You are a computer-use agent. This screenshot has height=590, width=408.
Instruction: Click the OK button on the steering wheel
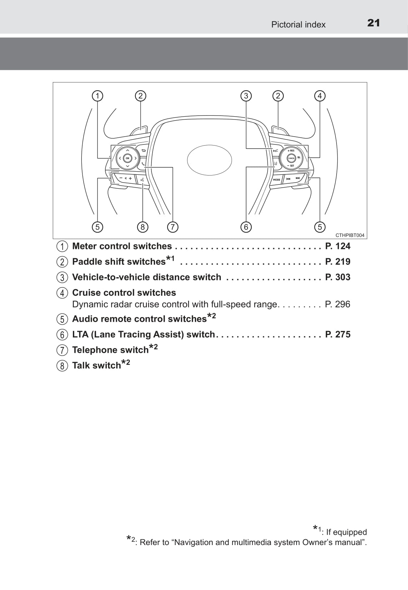tap(128, 158)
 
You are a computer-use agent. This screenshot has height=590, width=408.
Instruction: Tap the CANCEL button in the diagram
tap(291, 158)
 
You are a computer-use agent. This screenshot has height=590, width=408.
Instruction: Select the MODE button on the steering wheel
tap(277, 180)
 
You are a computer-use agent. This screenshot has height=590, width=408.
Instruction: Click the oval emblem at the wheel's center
tap(209, 160)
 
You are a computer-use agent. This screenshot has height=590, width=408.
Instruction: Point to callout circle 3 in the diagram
tap(246, 96)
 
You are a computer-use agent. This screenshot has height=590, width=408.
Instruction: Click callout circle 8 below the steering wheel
tap(143, 227)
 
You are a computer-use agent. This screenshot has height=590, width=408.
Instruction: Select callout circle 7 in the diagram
tap(173, 227)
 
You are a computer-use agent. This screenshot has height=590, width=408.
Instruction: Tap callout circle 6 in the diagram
tap(246, 227)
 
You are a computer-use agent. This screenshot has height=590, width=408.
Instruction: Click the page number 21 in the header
tap(373, 23)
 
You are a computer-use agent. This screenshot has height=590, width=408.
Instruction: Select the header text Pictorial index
tap(298, 25)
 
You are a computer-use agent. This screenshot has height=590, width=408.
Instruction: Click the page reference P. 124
tap(338, 246)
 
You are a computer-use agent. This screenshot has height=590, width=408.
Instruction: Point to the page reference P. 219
tap(338, 261)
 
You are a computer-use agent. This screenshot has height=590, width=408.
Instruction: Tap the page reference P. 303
tap(338, 277)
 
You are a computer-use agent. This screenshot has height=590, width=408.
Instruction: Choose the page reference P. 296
tap(338, 304)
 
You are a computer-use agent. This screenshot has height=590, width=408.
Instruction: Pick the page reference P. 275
tap(338, 334)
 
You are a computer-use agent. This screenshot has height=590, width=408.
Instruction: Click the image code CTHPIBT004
tap(350, 235)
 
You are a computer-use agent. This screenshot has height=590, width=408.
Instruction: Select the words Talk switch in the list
tap(96, 366)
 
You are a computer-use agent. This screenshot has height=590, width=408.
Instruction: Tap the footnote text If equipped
tap(347, 532)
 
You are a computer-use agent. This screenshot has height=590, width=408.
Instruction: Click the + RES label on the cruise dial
tap(291, 151)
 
